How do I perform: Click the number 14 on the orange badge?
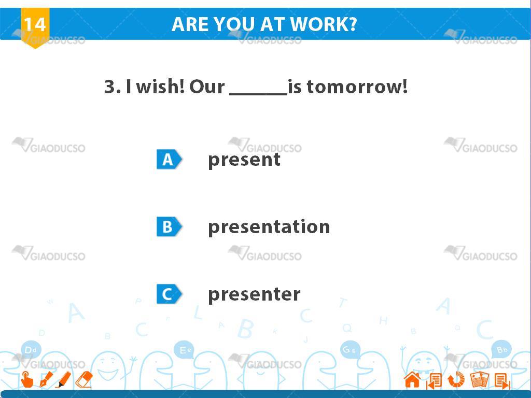35,24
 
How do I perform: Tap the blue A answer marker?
169,160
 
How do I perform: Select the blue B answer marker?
169,227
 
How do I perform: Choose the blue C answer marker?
169,294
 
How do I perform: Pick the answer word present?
244,160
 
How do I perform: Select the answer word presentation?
269,227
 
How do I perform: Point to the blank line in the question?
258,94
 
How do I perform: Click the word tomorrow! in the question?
357,87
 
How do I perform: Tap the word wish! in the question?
161,87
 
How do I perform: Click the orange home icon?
412,380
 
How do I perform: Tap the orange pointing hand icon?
27,379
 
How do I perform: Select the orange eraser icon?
84,379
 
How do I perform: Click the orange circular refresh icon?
456,380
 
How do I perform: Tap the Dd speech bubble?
31,349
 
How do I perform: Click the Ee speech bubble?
184,350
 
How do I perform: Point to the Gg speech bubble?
350,350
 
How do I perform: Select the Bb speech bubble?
501,349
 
